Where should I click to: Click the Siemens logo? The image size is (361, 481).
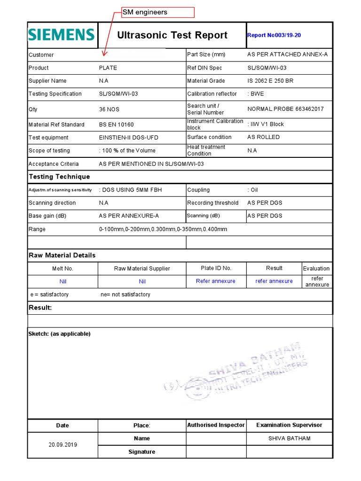coord(62,35)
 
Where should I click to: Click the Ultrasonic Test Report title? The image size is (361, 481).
coord(172,35)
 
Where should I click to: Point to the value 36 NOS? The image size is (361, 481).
coord(109,109)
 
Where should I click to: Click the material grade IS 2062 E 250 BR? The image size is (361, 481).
coord(270,81)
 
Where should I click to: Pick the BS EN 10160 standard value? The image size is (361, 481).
coord(116,124)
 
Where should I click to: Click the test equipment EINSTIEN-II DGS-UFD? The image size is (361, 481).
coord(130,138)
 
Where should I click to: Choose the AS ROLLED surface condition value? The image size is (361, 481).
coord(263,137)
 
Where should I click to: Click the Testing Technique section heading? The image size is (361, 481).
coord(59,177)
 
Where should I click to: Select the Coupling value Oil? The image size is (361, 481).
coord(253,190)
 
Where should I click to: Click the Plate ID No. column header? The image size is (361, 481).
coord(216,268)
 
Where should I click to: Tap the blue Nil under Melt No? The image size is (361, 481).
coord(63,281)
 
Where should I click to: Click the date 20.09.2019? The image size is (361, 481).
coord(63,445)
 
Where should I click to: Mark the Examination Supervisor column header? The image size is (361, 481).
coord(289,425)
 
